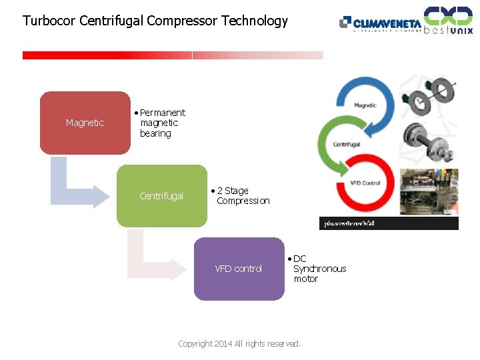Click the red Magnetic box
(x=85, y=123)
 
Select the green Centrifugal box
(x=161, y=196)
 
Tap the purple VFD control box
(x=238, y=269)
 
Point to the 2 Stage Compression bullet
(x=241, y=195)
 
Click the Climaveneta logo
(x=380, y=24)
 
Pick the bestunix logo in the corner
(x=449, y=20)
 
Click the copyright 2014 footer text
(x=239, y=344)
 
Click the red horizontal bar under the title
(x=107, y=55)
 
